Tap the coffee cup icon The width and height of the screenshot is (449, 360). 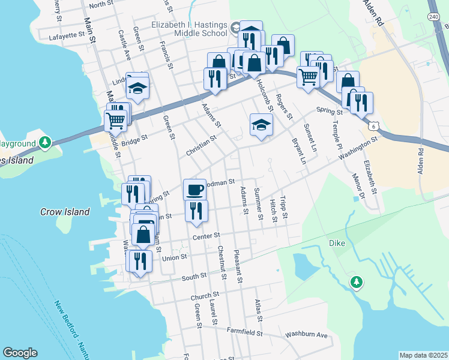click(x=194, y=190)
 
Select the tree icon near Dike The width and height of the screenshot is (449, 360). click(x=357, y=281)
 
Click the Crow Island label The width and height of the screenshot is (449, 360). click(x=65, y=212)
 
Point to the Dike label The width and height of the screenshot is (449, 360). click(x=337, y=243)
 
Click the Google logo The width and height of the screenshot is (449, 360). click(x=20, y=353)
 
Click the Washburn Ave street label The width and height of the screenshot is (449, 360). click(x=306, y=334)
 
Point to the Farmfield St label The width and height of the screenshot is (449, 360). click(x=244, y=331)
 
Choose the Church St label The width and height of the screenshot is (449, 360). click(x=205, y=296)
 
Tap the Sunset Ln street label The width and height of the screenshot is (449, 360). click(x=310, y=137)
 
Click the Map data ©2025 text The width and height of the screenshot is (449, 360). click(x=423, y=355)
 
